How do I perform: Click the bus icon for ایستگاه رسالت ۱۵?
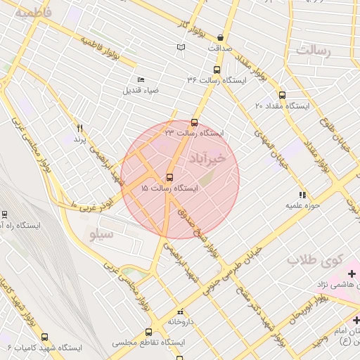(x=169, y=177)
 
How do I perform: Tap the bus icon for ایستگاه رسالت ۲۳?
(x=195, y=122)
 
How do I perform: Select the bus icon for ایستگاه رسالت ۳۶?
(x=216, y=70)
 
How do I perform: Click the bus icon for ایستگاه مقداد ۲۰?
(x=282, y=95)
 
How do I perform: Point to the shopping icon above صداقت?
(x=221, y=38)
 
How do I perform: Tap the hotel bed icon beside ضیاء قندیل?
(x=141, y=79)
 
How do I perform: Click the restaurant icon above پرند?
(x=80, y=128)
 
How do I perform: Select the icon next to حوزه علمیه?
(x=302, y=195)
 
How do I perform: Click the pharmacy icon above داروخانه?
(x=180, y=310)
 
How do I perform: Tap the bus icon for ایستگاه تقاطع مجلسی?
(x=148, y=332)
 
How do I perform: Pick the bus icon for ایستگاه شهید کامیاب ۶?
(x=45, y=337)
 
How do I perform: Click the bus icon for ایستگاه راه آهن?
(x=4, y=214)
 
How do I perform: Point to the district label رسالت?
(x=314, y=51)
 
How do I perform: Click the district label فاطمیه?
(x=36, y=13)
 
